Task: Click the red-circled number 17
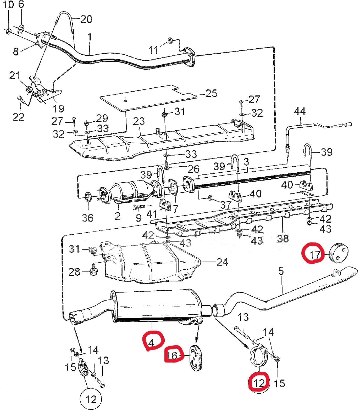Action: [x=315, y=254]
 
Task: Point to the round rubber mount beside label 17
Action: [x=338, y=252]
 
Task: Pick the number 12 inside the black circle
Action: [x=91, y=399]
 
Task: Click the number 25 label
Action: [x=212, y=93]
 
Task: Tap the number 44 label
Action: [x=300, y=111]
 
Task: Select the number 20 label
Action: [x=86, y=19]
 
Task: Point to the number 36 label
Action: [x=88, y=217]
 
